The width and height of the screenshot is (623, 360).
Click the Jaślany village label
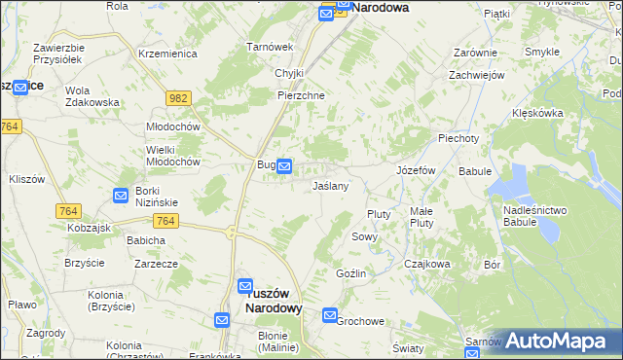[x=331, y=185]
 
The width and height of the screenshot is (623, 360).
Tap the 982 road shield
[x=178, y=98]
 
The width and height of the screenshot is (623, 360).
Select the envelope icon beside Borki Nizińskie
[x=121, y=196]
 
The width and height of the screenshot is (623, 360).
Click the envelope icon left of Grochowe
[x=330, y=316]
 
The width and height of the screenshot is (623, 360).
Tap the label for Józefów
[x=415, y=169]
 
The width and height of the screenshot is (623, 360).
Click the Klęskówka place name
[x=537, y=113]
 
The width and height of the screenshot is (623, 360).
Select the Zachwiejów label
[x=474, y=75]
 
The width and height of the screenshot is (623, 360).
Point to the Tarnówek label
[x=270, y=47]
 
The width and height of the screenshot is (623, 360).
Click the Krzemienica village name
[x=167, y=54]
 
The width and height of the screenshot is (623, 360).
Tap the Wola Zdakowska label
[x=92, y=96]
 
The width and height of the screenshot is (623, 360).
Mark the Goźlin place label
[x=351, y=273]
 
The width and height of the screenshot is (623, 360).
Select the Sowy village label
[x=364, y=236]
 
